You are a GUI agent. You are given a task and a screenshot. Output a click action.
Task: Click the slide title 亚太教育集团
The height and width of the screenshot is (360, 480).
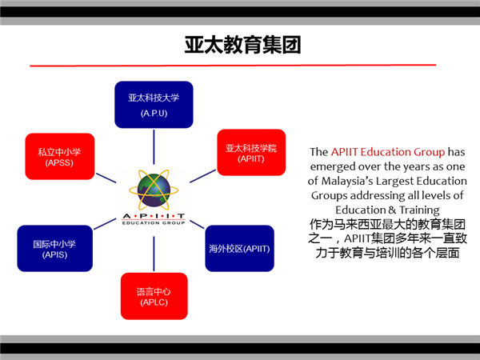(242, 45)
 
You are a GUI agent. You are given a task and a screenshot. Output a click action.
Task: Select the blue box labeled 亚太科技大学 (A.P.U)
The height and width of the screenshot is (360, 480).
(154, 105)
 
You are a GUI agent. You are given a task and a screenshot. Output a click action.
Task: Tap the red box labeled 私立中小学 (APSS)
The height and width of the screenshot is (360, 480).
(60, 157)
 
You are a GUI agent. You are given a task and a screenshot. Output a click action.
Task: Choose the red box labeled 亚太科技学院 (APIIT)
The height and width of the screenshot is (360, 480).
(251, 153)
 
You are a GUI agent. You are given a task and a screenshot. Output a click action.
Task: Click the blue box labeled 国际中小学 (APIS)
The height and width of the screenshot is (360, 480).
(54, 248)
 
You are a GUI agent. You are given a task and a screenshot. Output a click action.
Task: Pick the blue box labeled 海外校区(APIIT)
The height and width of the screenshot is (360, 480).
(239, 248)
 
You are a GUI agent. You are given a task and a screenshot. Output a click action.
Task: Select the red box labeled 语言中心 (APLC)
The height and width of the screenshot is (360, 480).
(154, 296)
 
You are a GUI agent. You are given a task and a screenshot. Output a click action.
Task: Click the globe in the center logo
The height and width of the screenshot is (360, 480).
(154, 190)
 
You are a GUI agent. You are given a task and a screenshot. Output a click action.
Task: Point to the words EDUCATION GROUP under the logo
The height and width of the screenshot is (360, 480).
(154, 223)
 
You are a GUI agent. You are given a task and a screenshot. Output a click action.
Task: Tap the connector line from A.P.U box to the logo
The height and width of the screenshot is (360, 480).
(154, 147)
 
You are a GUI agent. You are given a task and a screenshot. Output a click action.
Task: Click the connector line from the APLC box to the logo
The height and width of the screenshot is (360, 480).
(154, 254)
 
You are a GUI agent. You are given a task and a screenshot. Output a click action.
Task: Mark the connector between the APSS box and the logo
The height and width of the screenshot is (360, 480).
(106, 178)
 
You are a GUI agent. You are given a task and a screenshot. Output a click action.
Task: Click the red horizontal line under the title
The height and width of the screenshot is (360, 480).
(233, 66)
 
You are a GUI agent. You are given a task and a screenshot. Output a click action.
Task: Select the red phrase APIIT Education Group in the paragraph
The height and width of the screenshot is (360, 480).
(388, 152)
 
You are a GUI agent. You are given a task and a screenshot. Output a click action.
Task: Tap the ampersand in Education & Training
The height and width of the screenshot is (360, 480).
(392, 210)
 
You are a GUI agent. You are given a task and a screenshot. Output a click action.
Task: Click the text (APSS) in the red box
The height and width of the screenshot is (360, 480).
(59, 162)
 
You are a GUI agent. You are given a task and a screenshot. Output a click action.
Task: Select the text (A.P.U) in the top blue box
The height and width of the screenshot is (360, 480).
(154, 114)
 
